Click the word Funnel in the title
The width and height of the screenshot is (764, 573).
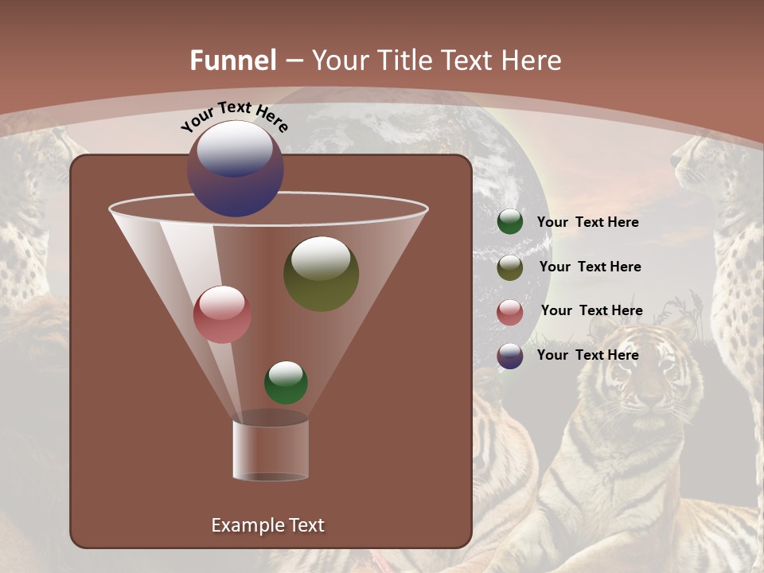tap(233, 60)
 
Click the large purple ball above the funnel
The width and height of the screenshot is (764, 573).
tap(236, 169)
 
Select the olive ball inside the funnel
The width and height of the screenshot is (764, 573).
tap(321, 273)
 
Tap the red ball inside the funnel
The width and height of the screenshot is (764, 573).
tap(222, 314)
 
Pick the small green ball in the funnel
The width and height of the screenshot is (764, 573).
tap(286, 383)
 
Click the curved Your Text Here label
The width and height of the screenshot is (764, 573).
tap(235, 116)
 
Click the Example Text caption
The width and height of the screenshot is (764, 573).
tap(267, 525)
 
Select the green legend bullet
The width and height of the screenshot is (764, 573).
tap(510, 222)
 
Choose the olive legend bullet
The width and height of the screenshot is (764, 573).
tap(510, 267)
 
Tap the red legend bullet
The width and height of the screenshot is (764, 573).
tap(510, 312)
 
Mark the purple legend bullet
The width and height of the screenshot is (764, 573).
tap(510, 356)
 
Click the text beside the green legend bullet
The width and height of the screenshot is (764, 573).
tap(587, 222)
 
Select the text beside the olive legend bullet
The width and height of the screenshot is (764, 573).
tap(590, 267)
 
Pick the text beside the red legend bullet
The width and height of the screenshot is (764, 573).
tap(591, 310)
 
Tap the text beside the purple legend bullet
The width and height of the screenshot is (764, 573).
tap(587, 355)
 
